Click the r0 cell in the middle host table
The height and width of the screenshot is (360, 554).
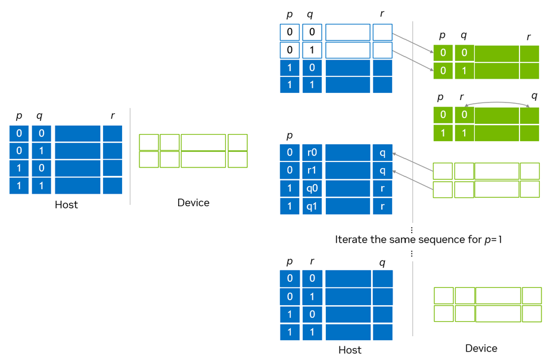(x=312, y=153)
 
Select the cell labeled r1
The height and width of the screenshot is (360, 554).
(x=312, y=170)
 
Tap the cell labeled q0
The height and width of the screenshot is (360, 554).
(x=312, y=189)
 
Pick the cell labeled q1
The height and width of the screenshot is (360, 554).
(x=312, y=206)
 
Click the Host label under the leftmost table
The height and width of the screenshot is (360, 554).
(x=66, y=204)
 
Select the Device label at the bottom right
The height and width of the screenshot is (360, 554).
(x=481, y=348)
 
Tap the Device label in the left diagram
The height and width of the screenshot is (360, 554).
(x=193, y=203)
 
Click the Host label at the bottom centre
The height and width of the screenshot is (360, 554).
(x=350, y=350)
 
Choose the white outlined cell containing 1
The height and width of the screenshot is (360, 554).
(x=312, y=49)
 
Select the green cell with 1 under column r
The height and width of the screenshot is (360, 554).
(x=464, y=133)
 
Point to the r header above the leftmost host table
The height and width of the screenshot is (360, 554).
(x=112, y=116)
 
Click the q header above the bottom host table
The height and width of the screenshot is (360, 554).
(x=382, y=262)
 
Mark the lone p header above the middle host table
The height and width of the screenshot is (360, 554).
(x=290, y=136)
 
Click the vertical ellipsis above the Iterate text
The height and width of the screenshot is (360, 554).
(x=412, y=229)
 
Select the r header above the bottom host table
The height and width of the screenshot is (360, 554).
(x=312, y=262)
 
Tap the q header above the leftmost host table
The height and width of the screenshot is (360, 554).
(x=39, y=116)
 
